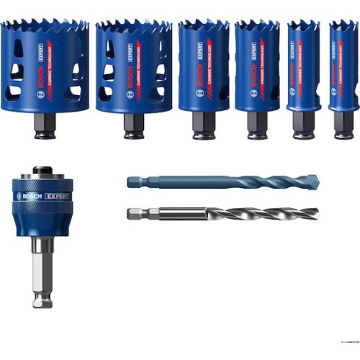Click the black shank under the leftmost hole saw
point(45,126)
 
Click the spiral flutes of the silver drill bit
point(257,214)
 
